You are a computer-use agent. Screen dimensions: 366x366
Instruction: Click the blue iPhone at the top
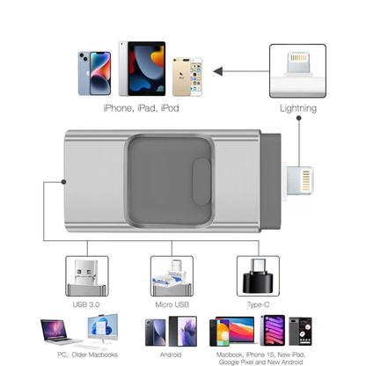[x=94, y=73]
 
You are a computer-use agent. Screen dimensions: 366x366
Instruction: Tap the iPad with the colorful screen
[x=142, y=69]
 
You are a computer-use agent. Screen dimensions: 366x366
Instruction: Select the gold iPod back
[x=181, y=77]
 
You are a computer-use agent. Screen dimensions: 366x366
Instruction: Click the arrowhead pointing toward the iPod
[x=218, y=71]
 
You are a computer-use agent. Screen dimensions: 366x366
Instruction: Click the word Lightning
[x=298, y=108]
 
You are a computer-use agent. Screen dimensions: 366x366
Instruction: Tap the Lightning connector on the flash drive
[x=300, y=180]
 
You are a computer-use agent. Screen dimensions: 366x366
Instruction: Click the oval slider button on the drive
[x=201, y=181]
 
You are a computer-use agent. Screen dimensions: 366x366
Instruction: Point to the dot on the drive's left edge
[x=63, y=182]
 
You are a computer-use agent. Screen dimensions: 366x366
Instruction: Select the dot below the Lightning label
[x=298, y=118]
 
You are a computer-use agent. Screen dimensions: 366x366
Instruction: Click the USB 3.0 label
[x=86, y=304]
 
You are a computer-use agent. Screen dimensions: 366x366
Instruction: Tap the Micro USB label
[x=172, y=304]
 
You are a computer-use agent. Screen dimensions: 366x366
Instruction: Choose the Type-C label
[x=258, y=305]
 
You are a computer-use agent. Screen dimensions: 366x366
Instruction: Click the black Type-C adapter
[x=258, y=276]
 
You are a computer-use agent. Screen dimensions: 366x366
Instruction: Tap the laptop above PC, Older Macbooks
[x=60, y=332]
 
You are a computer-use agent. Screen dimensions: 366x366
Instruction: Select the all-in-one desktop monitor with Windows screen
[x=103, y=329]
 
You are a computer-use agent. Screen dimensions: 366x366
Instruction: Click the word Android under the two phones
[x=171, y=355]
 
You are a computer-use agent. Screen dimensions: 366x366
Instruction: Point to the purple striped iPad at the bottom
[x=273, y=330]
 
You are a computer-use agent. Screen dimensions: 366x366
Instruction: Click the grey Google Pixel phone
[x=300, y=331]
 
